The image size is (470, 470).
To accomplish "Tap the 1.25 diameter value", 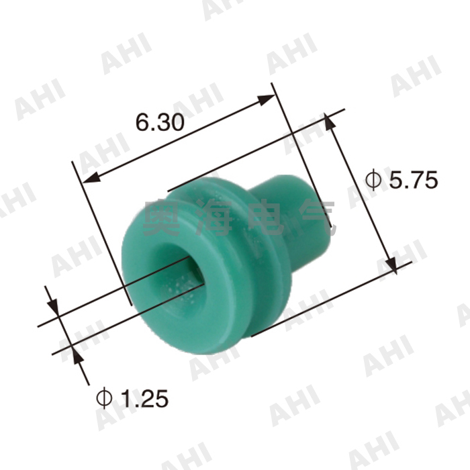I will pyautogui.click(x=142, y=399).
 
